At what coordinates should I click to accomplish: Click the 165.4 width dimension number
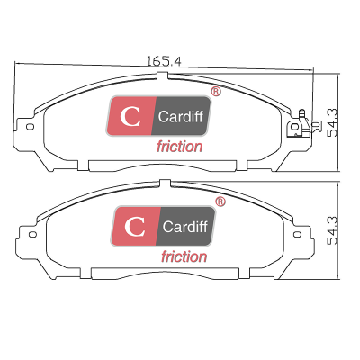(x=164, y=61)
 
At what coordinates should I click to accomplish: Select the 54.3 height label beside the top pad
(x=332, y=123)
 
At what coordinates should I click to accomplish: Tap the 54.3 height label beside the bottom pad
(x=332, y=231)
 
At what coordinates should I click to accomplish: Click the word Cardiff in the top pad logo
(x=181, y=116)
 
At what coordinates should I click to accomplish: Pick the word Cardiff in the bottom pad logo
(x=185, y=227)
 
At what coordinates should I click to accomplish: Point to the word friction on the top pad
(x=180, y=147)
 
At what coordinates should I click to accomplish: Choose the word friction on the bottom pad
(x=184, y=256)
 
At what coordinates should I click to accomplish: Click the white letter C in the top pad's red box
(x=130, y=117)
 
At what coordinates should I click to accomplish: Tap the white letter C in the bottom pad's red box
(x=135, y=227)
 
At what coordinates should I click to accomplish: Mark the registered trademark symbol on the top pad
(x=216, y=92)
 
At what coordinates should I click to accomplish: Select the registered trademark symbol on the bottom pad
(x=220, y=202)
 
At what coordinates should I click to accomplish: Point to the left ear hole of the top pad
(x=30, y=127)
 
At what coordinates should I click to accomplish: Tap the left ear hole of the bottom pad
(x=32, y=234)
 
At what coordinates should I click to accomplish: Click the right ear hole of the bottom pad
(x=297, y=234)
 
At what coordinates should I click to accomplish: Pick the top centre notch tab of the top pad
(x=162, y=76)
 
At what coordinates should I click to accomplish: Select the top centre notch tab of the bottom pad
(x=165, y=184)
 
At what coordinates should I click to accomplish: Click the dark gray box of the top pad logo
(x=181, y=116)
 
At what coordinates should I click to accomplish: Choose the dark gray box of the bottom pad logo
(x=185, y=226)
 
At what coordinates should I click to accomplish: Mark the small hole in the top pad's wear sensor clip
(x=295, y=127)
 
